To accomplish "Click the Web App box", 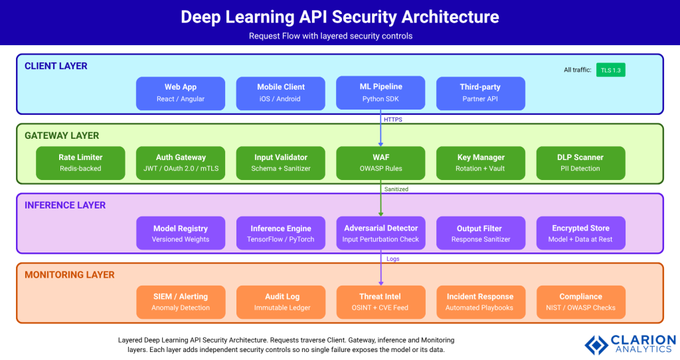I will coord(181,93).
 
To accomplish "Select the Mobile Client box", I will coord(281,93).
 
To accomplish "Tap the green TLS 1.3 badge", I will coord(611,70).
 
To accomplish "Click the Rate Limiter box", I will coord(80,163).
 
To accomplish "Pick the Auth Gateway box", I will coord(181,163).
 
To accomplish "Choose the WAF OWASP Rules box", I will coord(381,163).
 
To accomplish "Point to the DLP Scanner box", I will coord(580,163).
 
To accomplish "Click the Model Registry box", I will coord(181,233).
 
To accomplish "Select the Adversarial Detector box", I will coord(381,233).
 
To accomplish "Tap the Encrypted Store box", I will coord(580,233).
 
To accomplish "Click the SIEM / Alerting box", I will coord(181,302).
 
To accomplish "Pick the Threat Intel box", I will coord(381,302).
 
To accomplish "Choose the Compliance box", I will coord(580,302).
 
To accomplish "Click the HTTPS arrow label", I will coord(392,120).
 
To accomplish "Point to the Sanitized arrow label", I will coord(396,189).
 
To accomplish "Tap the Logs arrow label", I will coord(392,259).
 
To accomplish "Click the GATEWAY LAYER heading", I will coord(62,135).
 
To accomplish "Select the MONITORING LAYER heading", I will coord(70,274).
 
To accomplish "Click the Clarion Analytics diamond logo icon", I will coord(596,344).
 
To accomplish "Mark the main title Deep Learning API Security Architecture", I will coord(339,17).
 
